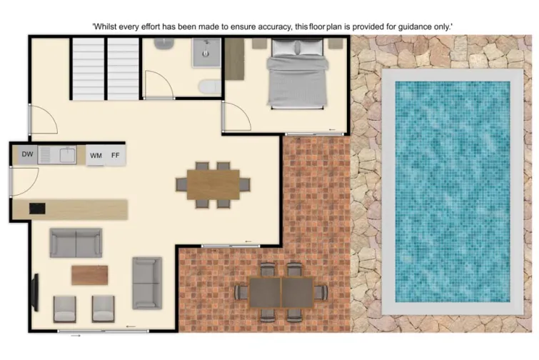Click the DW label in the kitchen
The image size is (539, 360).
pyautogui.click(x=27, y=154)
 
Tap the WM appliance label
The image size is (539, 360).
pyautogui.click(x=96, y=155)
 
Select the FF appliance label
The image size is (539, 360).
pyautogui.click(x=115, y=155)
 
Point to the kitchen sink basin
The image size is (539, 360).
pyautogui.click(x=67, y=154)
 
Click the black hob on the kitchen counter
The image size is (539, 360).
pyautogui.click(x=36, y=209)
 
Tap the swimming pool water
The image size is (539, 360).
pyautogui.click(x=453, y=191)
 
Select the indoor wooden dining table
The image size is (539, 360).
pyautogui.click(x=213, y=184)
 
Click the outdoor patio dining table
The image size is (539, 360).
pyautogui.click(x=281, y=292)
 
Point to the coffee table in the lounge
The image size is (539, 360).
pyautogui.click(x=90, y=275)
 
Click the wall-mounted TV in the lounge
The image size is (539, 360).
pyautogui.click(x=34, y=291)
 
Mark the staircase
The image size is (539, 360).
pyautogui.click(x=105, y=69)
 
